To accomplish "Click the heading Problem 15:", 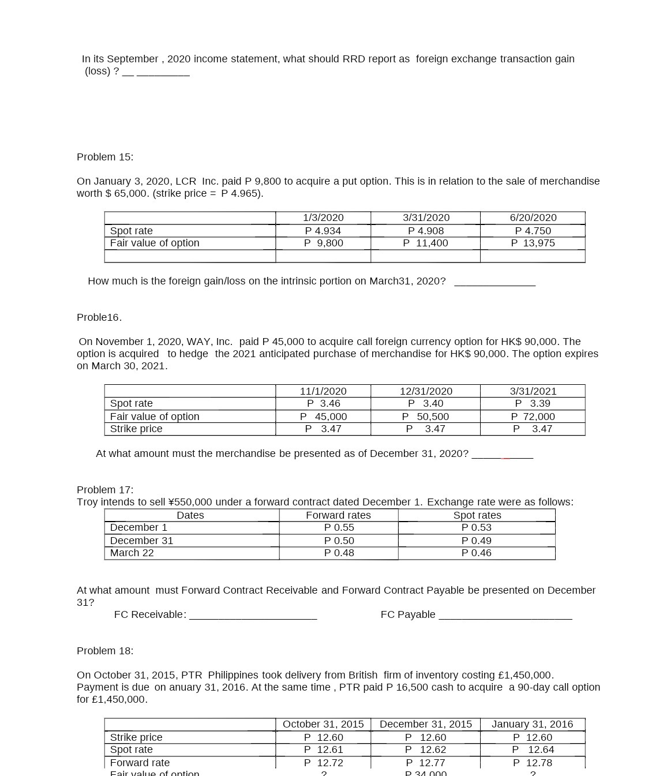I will pos(105,157).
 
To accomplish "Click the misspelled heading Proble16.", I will pos(99,317).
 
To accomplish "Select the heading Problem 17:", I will pos(105,490).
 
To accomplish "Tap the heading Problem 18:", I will pos(105,651).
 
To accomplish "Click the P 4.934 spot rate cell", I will pos(323,231).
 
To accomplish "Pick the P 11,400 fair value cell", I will pos(425,243).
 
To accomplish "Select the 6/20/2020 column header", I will pos(533,218).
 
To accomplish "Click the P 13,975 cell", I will pos(533,243).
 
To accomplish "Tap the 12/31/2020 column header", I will pos(426,391).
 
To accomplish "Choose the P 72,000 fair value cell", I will pos(533,417).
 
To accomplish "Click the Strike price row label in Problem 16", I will pos(136,429).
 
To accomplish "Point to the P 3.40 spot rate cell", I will pos(425,403).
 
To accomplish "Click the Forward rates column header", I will pos(338,515).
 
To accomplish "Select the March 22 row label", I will pos(132,553).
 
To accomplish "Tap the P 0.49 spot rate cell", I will pos(476,541).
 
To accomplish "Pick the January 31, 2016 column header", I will pos(532,724).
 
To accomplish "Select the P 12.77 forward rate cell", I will pos(425,763).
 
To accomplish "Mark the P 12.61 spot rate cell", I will pos(323,749).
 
